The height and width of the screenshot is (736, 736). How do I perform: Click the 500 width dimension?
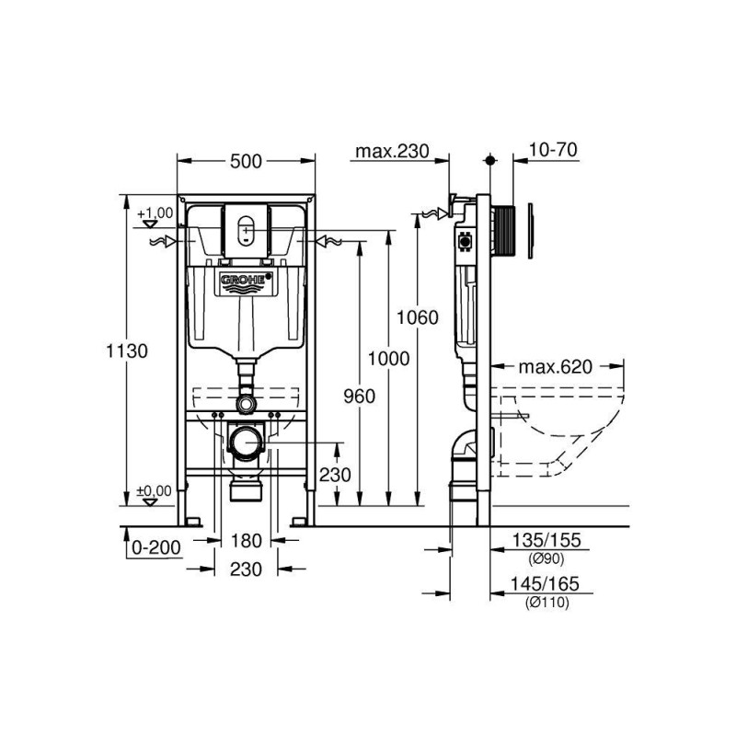(x=246, y=162)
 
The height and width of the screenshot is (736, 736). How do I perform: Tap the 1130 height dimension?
(x=127, y=351)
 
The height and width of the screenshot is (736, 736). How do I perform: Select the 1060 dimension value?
(x=418, y=317)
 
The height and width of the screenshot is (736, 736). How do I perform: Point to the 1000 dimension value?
(x=388, y=359)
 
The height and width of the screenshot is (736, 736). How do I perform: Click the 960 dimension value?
(x=360, y=397)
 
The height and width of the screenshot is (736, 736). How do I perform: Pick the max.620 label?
(x=556, y=366)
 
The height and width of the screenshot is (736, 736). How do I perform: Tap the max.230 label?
(x=393, y=151)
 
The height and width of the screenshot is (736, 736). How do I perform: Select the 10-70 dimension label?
(x=554, y=150)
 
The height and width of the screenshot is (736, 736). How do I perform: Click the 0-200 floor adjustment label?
(x=156, y=547)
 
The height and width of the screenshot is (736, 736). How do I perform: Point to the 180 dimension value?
(x=246, y=541)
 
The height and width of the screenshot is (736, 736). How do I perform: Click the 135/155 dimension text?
(x=546, y=540)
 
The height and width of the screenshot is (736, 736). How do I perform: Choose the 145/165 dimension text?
(x=545, y=584)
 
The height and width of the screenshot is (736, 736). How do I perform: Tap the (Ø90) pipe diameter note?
(x=546, y=558)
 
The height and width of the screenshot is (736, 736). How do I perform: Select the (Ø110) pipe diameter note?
(x=546, y=603)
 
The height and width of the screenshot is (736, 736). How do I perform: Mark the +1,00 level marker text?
(x=155, y=213)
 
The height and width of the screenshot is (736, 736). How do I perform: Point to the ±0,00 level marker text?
(x=155, y=491)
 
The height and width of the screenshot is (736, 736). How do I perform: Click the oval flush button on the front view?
(x=246, y=230)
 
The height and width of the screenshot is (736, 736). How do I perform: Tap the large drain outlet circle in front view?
(x=245, y=443)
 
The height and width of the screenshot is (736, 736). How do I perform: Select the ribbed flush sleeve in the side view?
(x=503, y=231)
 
